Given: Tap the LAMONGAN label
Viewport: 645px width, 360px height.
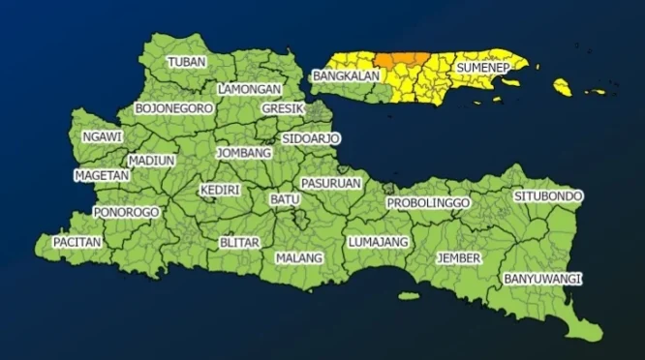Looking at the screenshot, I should pos(250,89).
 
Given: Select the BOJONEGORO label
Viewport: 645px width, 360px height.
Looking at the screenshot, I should pos(174,108).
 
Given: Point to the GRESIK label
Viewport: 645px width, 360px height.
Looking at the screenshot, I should pos(283,109).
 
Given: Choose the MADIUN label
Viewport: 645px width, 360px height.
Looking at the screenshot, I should pos(151,160).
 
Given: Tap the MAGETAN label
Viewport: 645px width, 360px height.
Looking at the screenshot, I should pos(102,176).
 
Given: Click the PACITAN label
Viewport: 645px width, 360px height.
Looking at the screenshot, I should pos(77,242).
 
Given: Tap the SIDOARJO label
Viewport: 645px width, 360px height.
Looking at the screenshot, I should pos(311,139).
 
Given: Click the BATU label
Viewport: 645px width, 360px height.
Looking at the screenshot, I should pos(284,199).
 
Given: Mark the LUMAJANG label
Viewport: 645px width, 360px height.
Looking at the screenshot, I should pos(378,241).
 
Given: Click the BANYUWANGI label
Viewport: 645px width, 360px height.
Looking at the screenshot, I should pos(541,279).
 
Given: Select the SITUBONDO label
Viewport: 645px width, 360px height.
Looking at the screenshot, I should pos(548,196).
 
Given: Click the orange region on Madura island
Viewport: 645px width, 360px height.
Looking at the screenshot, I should pos(400,59).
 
